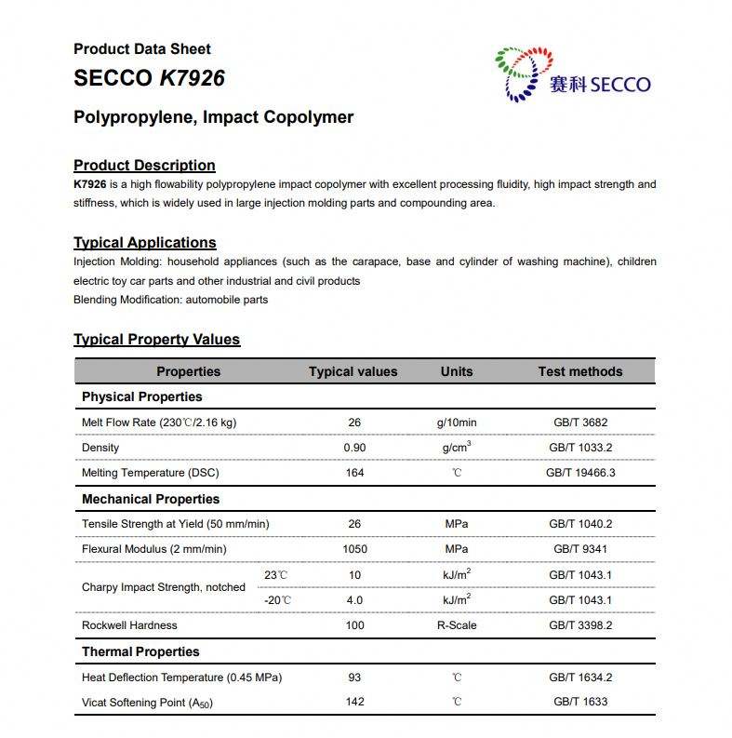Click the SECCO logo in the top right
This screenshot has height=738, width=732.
click(572, 75)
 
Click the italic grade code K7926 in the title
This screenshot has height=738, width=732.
click(193, 78)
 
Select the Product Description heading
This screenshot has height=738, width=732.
click(144, 166)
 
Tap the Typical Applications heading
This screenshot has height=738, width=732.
click(145, 243)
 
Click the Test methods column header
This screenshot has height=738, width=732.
click(580, 371)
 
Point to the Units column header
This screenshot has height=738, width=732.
click(457, 371)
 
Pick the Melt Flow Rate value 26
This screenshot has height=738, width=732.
click(354, 423)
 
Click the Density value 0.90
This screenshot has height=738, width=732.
click(354, 448)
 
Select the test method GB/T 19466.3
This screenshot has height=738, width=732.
click(580, 473)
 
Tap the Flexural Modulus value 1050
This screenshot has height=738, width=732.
click(354, 549)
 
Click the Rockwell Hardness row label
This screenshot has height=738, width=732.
click(129, 625)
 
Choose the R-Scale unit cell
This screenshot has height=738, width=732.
click(457, 625)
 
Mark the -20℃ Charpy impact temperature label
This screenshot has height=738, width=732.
click(278, 600)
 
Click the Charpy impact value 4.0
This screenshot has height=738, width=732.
click(354, 600)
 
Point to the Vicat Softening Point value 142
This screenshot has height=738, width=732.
click(354, 702)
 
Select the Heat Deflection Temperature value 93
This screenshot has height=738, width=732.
click(354, 678)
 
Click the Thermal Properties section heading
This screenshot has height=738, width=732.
click(140, 651)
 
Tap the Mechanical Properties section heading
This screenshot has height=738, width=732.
click(150, 499)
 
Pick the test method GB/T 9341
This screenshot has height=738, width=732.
click(580, 549)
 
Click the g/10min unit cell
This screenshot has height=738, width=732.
click(457, 423)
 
